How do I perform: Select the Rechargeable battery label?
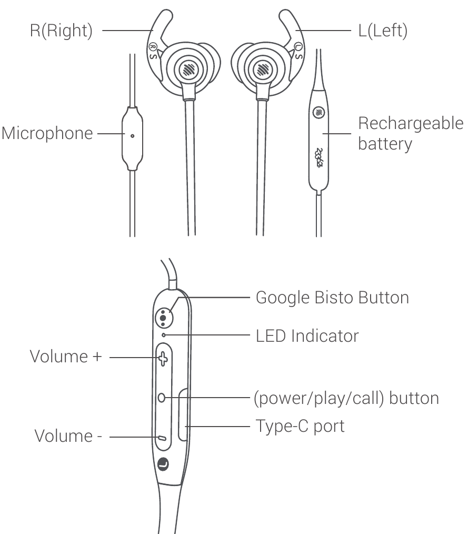coord(410,134)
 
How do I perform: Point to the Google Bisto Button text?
coord(332,297)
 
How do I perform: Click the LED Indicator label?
coord(307,335)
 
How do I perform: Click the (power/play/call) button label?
coord(347,398)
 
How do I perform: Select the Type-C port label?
coord(300,426)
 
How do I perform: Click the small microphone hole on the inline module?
coord(132,135)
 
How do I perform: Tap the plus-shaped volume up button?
coord(163,359)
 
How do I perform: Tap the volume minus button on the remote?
coord(163,437)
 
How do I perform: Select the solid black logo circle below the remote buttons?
coord(164,465)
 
